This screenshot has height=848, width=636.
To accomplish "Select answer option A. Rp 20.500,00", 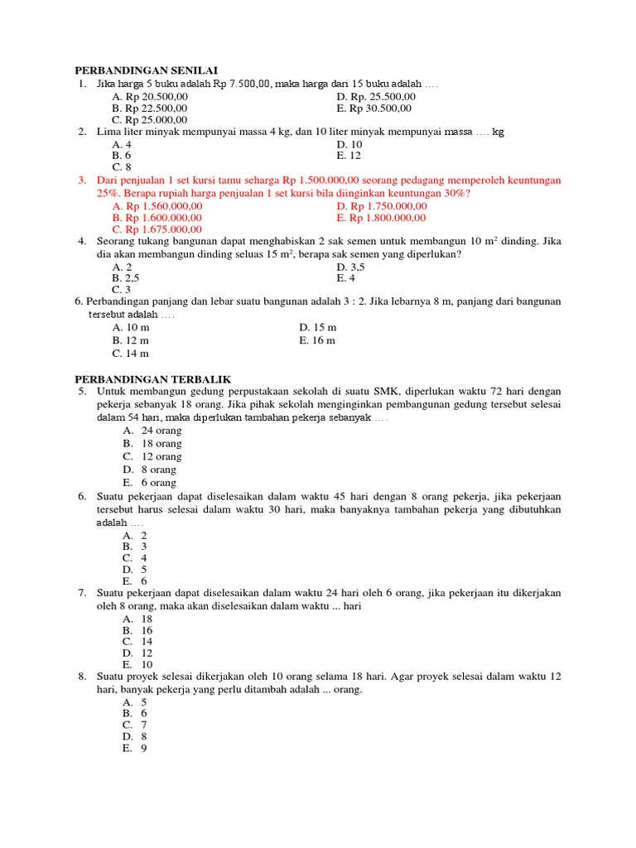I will point(150,96).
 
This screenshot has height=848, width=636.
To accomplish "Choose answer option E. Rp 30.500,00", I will point(373,108).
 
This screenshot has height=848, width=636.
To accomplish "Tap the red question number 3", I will point(83,180).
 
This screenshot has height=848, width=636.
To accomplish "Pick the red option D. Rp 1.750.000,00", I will point(382,205).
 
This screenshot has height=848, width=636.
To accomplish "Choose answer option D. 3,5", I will point(350,267).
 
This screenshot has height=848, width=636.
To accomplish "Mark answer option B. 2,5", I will point(126,278).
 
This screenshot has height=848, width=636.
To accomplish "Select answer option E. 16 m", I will point(317,340).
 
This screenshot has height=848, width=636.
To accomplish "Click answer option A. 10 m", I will point(131,327).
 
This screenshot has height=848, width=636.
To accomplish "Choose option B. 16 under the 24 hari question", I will point(137,630).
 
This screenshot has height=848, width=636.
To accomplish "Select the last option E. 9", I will point(135,748).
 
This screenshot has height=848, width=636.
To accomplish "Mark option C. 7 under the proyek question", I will point(135,725).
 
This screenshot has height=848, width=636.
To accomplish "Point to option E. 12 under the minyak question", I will point(349,155).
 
